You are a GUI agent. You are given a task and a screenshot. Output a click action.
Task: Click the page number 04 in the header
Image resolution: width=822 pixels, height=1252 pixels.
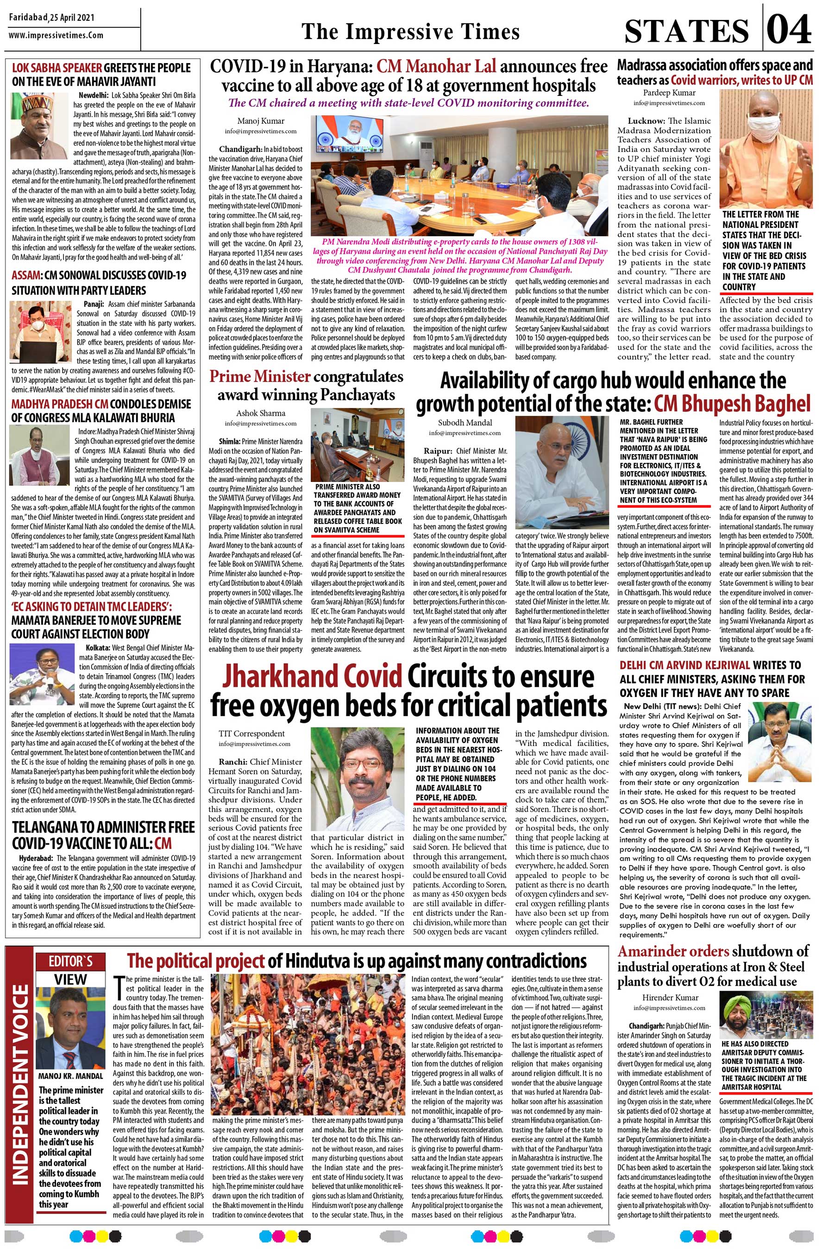coord(789,30)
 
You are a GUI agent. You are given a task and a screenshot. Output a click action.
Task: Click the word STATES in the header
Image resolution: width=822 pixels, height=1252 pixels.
coord(686,31)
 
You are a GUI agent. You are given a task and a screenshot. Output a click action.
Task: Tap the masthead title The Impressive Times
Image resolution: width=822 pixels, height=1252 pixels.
coord(410,31)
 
